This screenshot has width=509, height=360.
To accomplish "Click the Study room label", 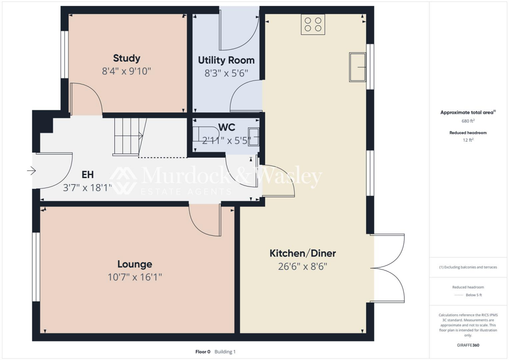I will tap(126, 58).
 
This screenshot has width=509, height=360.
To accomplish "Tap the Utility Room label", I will tap(226, 60).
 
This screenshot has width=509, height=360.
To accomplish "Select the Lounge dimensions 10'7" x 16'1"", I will tap(135, 277).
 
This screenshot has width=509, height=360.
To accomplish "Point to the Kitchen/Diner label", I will tap(303, 253).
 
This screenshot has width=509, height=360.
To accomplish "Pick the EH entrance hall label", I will tap(87, 175).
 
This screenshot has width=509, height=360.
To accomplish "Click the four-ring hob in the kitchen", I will tap(313, 24).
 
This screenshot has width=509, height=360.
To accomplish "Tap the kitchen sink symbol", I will tap(358, 66).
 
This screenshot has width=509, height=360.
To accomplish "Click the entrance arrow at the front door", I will tap(32, 171).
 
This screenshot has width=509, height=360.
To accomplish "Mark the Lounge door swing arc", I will tap(204, 220).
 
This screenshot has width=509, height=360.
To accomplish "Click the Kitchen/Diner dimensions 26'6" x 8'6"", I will tap(303, 266).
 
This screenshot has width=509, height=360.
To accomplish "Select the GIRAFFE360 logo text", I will tap(469, 345).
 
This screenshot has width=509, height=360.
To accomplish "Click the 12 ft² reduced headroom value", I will tap(467, 140).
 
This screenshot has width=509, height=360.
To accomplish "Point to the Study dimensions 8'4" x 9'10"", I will tap(126, 71).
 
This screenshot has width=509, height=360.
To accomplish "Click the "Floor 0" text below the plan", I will tap(203, 352).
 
